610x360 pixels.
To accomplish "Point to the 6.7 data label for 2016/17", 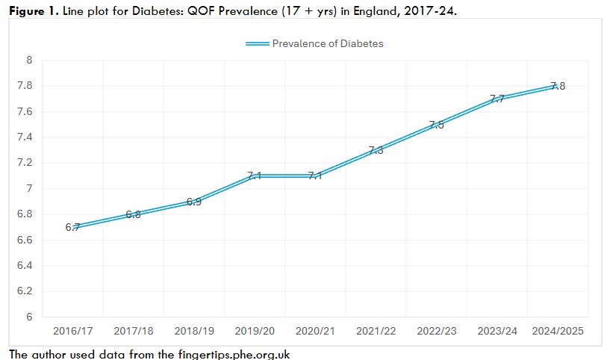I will tap(72, 227).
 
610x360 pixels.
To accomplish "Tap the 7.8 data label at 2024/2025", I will tap(557, 86).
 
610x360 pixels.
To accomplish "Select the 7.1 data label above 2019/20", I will tap(254, 176).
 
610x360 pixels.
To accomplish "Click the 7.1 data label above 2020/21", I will tap(314, 176).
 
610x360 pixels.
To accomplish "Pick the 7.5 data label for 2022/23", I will tap(436, 125).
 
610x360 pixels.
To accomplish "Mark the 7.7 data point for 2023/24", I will tap(497, 99).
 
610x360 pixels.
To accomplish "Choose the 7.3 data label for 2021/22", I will tap(376, 150).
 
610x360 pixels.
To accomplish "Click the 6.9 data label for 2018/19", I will tap(193, 202).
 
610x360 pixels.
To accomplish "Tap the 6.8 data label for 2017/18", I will tap(133, 214).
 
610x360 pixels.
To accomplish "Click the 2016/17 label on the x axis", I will tap(72, 331).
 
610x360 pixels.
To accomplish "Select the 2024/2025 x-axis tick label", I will tap(557, 331).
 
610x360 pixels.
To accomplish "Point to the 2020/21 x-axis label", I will tap(314, 331).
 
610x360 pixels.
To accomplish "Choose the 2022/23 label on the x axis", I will tap(436, 331).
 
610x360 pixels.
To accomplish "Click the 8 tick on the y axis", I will tap(29, 60).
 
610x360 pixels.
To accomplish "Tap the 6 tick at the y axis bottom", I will tap(29, 317).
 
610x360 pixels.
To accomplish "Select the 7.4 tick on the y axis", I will tap(25, 137).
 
